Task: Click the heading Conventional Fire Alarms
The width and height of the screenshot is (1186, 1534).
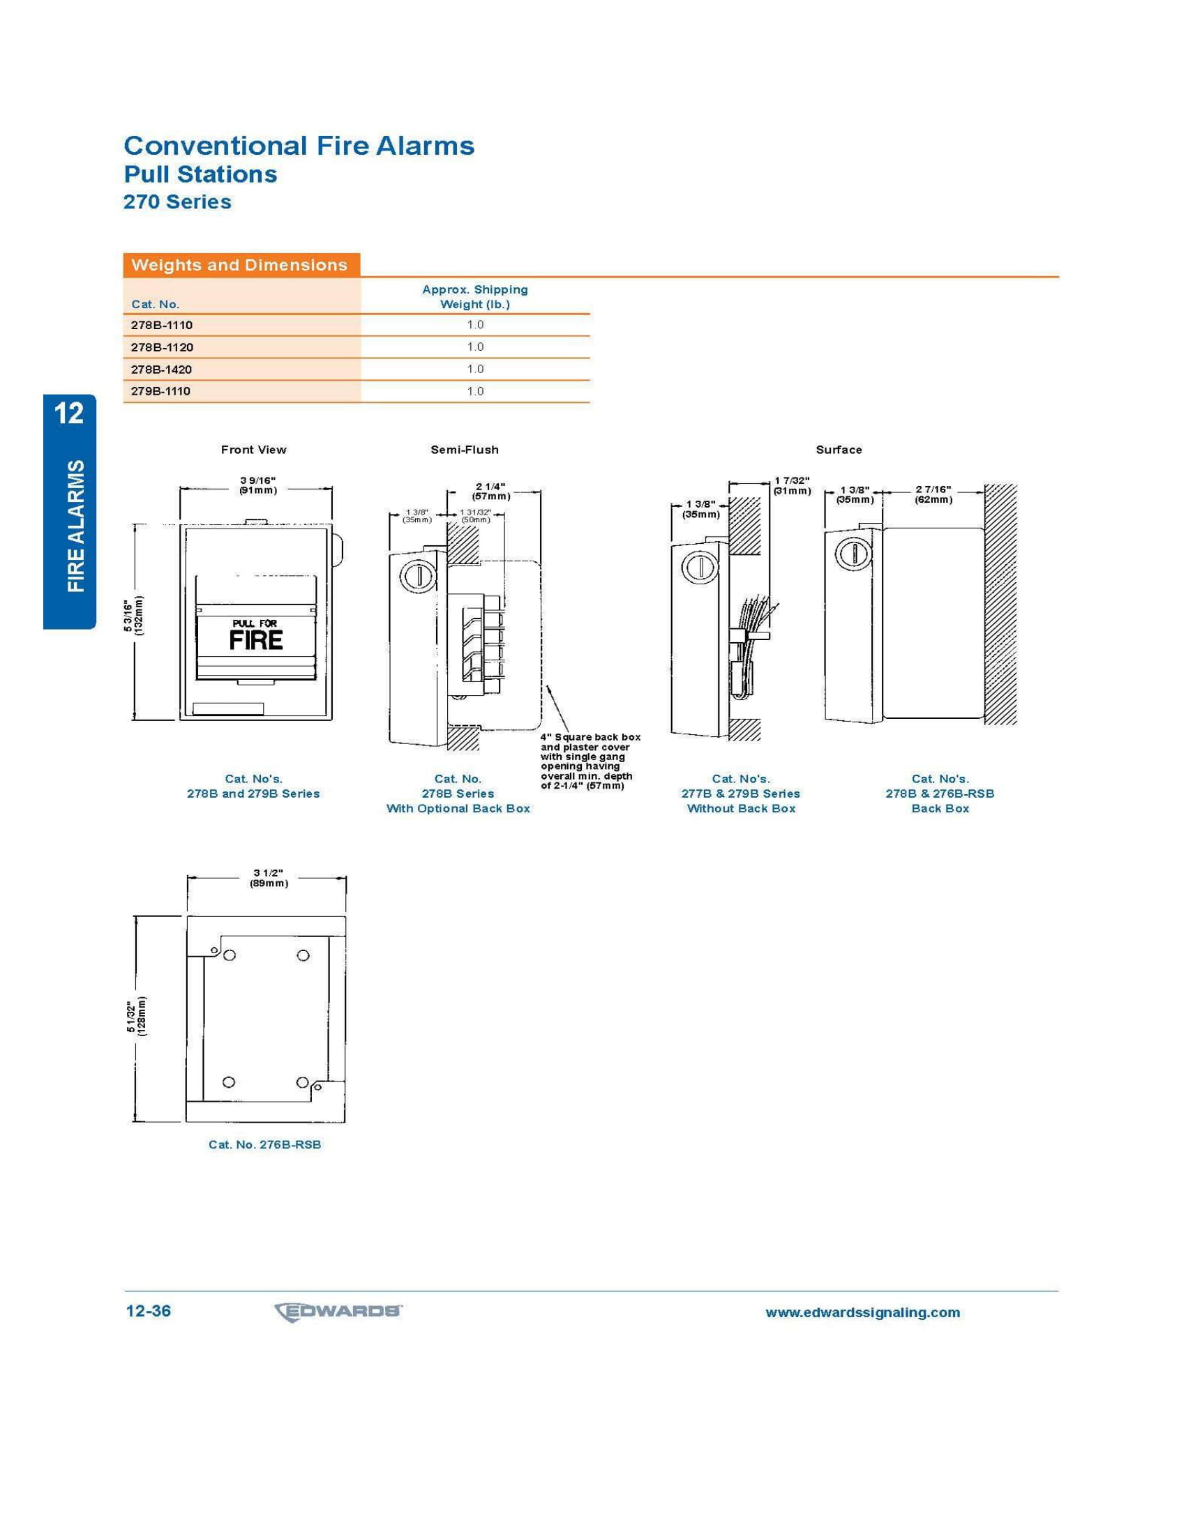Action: click(x=299, y=146)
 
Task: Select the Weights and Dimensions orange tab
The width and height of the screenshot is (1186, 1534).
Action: click(x=241, y=265)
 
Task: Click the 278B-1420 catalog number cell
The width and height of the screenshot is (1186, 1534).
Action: click(x=162, y=370)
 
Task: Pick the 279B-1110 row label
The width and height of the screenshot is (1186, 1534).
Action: click(x=161, y=391)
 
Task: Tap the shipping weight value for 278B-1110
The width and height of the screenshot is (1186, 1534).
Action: click(x=476, y=324)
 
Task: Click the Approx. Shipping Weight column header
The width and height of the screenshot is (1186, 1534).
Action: click(x=475, y=296)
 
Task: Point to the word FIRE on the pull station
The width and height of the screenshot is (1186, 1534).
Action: click(x=256, y=640)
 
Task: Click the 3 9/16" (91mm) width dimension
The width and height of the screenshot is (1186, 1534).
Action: click(x=258, y=485)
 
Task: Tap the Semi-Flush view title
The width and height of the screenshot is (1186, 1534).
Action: click(x=465, y=450)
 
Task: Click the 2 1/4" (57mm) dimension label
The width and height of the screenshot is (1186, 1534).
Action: click(x=490, y=491)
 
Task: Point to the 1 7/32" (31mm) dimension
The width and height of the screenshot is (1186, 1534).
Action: click(x=792, y=485)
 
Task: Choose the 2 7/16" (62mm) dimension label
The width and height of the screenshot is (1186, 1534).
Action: click(x=933, y=494)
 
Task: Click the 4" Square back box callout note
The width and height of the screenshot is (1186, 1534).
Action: click(x=590, y=761)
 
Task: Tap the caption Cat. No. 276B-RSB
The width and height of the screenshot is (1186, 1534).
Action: click(x=265, y=1144)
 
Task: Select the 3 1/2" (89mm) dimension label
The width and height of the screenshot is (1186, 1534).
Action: click(x=269, y=878)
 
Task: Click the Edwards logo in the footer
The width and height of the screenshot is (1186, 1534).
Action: click(x=338, y=1312)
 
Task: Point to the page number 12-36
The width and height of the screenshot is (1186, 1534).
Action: click(x=148, y=1312)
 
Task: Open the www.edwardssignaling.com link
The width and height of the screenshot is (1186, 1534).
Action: click(x=863, y=1313)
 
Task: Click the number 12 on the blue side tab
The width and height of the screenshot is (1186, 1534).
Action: click(x=69, y=413)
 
